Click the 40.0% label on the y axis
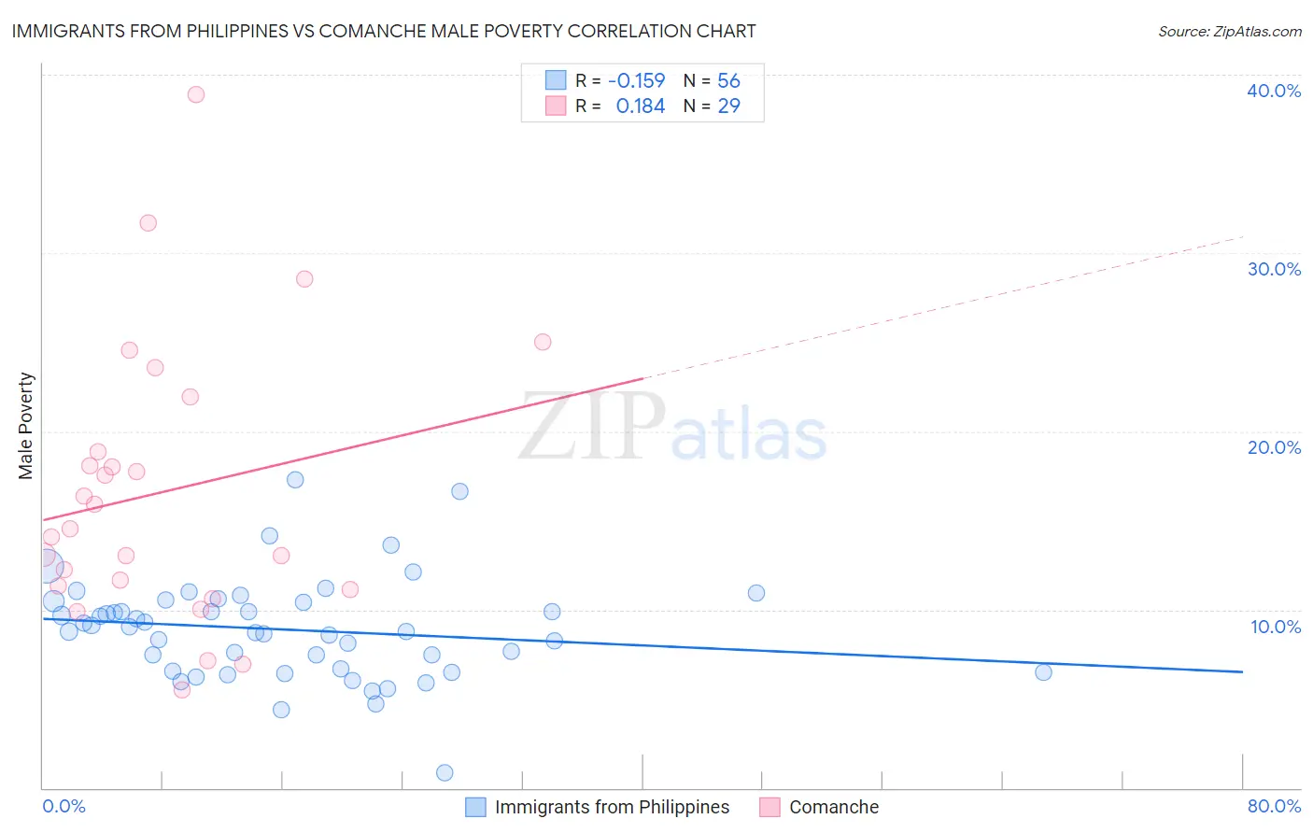pos(1273,91)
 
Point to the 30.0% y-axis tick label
pos(1273,269)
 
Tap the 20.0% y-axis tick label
pos(1273,447)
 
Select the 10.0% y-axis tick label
pos(1275,627)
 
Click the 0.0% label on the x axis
pos(64,806)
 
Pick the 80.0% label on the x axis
pos(1273,806)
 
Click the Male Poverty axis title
pos(26,426)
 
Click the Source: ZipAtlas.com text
pos(1229,31)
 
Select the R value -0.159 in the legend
pos(636,80)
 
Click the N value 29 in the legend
pos(728,106)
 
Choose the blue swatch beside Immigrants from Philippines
pos(475,807)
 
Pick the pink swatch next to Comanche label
pos(769,807)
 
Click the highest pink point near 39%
pos(196,94)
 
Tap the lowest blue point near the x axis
pos(445,772)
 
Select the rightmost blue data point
pos(1043,672)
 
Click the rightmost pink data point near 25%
pos(543,342)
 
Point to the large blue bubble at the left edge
pos(48,566)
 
